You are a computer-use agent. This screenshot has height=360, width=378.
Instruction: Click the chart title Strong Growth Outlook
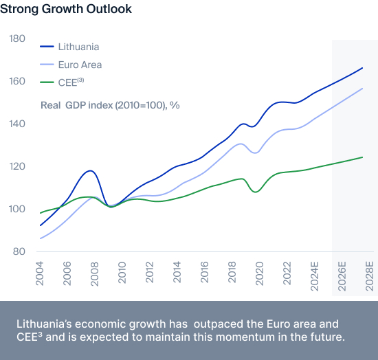coord(66,9)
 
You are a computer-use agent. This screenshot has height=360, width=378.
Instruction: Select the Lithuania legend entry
coord(69,47)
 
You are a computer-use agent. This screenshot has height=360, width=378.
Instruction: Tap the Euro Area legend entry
coord(71,65)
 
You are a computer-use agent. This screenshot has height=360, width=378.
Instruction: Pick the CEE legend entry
coord(62,82)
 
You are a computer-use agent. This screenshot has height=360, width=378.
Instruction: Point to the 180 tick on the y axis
coord(17,38)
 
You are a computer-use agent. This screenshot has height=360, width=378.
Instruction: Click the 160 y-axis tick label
coord(17,81)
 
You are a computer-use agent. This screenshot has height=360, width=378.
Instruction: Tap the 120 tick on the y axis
coord(17,166)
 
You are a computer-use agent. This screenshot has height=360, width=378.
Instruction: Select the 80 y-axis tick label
coord(19,251)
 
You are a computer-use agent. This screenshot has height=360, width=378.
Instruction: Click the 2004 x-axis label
coord(39,273)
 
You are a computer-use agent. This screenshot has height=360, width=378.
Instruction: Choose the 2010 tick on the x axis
coord(122,272)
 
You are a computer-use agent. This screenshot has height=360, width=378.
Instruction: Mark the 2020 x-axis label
coord(259,273)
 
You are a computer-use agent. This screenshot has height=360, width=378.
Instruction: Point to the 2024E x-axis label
coord(314,276)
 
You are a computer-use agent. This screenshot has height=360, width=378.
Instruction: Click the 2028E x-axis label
coord(369,276)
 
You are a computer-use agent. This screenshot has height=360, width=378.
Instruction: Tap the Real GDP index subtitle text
coord(110,105)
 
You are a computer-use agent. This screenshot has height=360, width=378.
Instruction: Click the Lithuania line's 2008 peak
coord(91,171)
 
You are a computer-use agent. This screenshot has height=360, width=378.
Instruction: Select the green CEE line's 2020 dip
coord(256,192)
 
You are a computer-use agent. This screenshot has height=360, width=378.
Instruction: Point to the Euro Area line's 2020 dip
coord(256,153)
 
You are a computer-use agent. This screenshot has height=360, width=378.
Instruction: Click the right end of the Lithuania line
coord(362,68)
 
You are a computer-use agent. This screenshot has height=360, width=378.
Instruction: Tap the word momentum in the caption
coord(245,337)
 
